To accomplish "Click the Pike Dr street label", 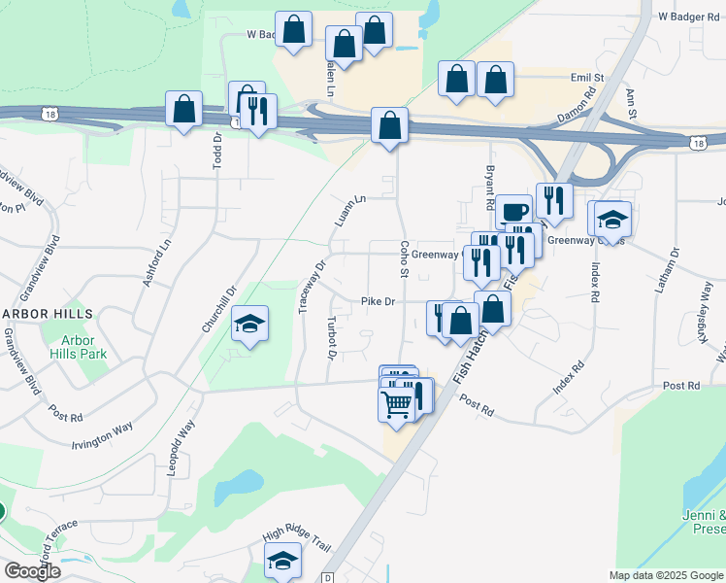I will click(x=378, y=302).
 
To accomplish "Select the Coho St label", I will click(x=403, y=259).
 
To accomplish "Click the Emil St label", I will click(x=587, y=77).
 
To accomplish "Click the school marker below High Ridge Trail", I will click(x=282, y=560).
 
